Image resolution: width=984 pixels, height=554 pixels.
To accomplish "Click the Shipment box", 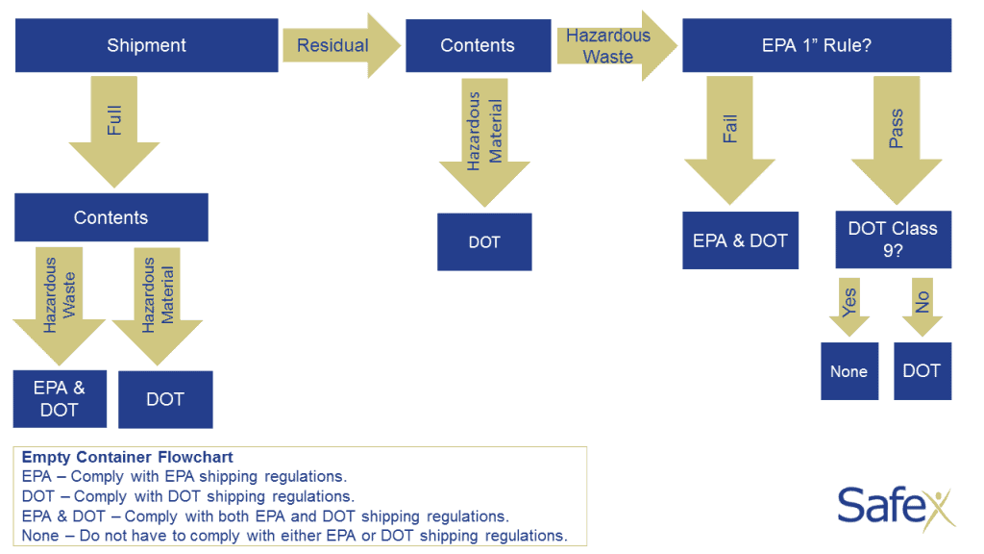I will pos(146,45).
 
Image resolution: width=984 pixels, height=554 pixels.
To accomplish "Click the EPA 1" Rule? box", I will pos(816,45).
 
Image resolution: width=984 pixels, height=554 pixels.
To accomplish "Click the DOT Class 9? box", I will pos(893,239).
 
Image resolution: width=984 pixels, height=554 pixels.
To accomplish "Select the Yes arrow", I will pos(849,308).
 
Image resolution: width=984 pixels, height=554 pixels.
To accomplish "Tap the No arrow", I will pos(922,308).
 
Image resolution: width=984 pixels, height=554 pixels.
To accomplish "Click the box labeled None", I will pos(849,371).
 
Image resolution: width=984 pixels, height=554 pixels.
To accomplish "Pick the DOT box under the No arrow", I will pos(922,371).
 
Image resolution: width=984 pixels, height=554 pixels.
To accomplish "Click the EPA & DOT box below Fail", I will pos(740,240).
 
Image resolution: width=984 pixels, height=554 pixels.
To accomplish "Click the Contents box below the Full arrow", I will pos(111,217).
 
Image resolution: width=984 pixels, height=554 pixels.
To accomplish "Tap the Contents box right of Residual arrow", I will pos(477,45).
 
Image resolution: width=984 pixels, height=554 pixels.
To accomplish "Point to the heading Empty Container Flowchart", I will pos(127,458).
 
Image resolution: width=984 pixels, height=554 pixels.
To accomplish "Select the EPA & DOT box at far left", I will pos(60,399).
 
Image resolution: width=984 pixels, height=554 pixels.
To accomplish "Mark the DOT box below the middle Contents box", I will pos(484,242).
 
